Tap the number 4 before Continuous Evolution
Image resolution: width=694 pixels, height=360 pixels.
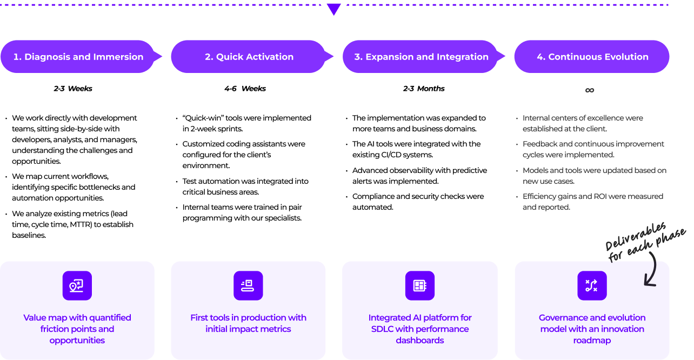[x=540, y=57]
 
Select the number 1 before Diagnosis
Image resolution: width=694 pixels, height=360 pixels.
[x=16, y=57]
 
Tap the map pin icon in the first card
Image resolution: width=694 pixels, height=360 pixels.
[x=76, y=286]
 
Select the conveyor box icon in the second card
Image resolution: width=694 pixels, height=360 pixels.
[x=248, y=286]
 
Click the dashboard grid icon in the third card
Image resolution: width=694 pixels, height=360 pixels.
[x=419, y=286]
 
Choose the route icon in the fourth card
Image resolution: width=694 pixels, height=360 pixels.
[x=591, y=286]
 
